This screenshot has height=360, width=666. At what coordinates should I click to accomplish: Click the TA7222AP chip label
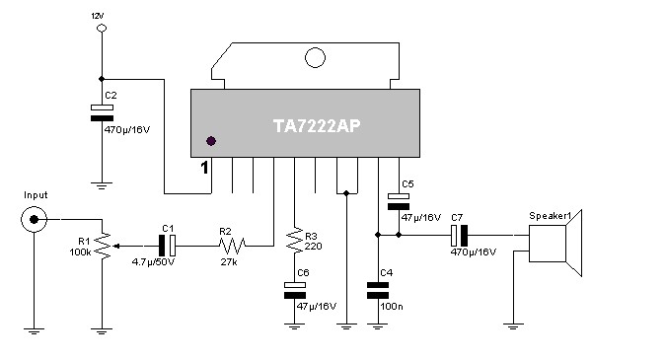click(317, 125)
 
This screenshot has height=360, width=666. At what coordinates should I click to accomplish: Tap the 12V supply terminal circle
click(102, 29)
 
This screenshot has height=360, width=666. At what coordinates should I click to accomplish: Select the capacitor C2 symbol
click(102, 112)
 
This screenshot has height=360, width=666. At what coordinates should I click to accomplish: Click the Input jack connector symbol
click(34, 220)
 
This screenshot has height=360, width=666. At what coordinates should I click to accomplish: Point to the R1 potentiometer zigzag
click(103, 246)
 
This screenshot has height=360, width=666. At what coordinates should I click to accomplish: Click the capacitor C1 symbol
click(167, 246)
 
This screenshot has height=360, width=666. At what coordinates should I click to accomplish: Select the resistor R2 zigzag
click(232, 246)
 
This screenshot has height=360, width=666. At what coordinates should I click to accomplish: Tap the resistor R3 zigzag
click(295, 241)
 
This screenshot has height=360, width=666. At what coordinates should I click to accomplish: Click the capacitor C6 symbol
click(295, 290)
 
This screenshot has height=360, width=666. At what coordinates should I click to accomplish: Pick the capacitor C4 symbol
click(378, 291)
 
